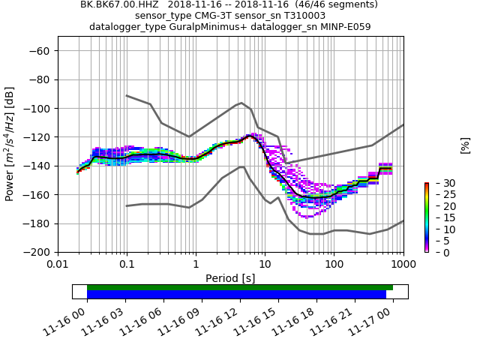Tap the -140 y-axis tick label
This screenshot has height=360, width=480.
(x=36, y=166)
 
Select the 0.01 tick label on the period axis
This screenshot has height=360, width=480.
(x=58, y=264)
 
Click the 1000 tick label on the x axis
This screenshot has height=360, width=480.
(x=403, y=264)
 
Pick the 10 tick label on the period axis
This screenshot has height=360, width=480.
(x=265, y=264)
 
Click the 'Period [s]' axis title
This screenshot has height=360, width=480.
(x=230, y=278)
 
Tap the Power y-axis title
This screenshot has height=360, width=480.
(x=10, y=144)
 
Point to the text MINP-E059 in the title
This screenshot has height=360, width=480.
(x=346, y=27)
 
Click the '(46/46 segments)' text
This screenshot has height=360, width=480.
(x=330, y=4)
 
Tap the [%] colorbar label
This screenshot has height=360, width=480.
(x=465, y=145)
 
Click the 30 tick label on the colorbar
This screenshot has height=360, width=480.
(x=441, y=183)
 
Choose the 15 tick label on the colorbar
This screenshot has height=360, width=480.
(x=441, y=217)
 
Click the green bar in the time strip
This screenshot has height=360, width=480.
(x=240, y=287)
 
